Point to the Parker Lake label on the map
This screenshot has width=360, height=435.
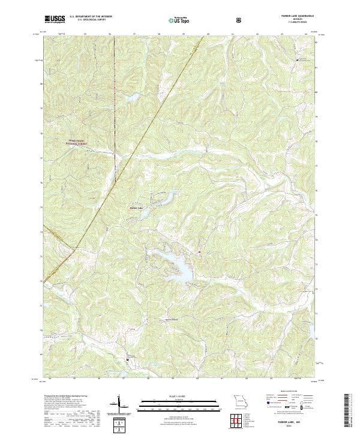coord(137,208)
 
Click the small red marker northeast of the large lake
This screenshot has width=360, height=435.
coord(199,252)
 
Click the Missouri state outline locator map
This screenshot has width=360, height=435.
coord(240,401)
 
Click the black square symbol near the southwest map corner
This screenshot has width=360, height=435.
coord(127,359)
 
